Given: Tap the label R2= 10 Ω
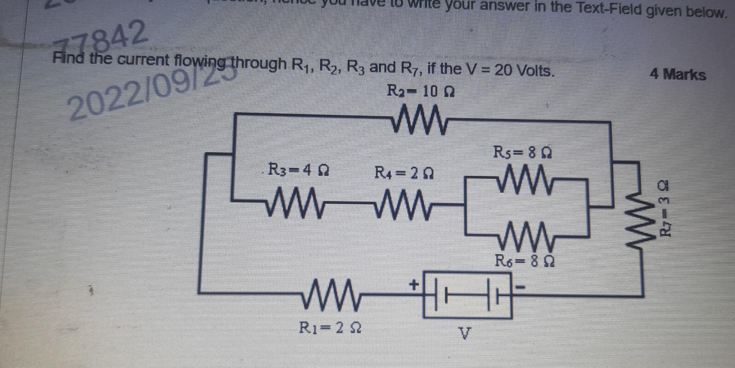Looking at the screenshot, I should tap(421, 92).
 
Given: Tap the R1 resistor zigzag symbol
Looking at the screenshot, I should tap(331, 294).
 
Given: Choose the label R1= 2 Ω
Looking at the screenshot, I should tap(330, 328).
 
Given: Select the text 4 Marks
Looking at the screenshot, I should tap(678, 74).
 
